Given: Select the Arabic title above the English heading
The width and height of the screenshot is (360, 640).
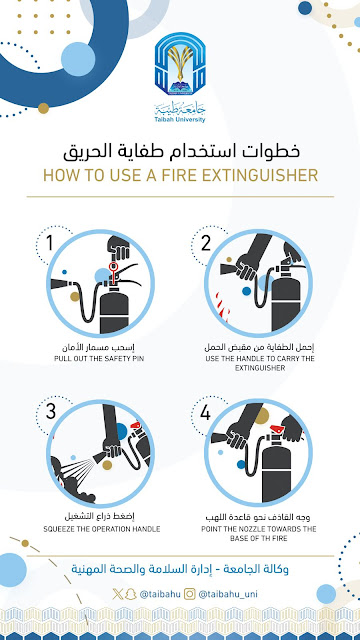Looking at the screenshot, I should click(180, 153).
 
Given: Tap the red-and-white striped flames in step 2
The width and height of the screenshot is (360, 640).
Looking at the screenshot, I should click(217, 301).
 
